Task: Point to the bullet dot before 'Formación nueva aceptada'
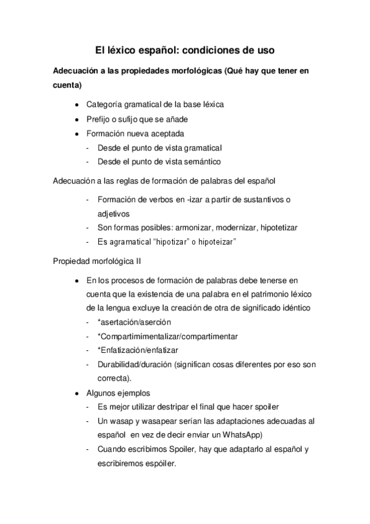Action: coord(75,133)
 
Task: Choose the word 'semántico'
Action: coord(202,162)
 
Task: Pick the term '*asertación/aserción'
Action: coord(133,322)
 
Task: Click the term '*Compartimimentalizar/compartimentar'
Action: coord(167,336)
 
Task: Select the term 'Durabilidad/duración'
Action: coord(137,365)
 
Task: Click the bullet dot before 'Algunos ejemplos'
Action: coord(75,393)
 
